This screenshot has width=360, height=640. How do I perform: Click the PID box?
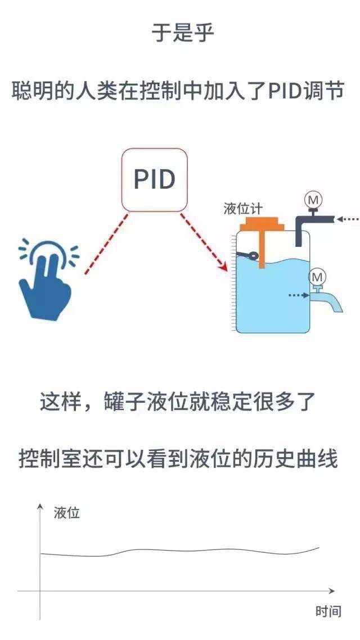pyautogui.click(x=155, y=180)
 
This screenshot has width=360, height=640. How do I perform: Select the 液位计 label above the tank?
pyautogui.click(x=243, y=209)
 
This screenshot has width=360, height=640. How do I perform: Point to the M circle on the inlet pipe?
pyautogui.click(x=313, y=200)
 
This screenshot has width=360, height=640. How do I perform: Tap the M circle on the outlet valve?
pyautogui.click(x=317, y=278)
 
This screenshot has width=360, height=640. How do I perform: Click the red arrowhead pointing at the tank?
pyautogui.click(x=223, y=265)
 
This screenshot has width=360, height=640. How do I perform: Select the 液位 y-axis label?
pyautogui.click(x=66, y=513)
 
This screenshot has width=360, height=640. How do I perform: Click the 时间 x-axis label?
pyautogui.click(x=328, y=611)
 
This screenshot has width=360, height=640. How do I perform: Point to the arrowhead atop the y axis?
pyautogui.click(x=40, y=507)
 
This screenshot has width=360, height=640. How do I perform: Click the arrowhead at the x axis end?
pyautogui.click(x=331, y=591)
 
